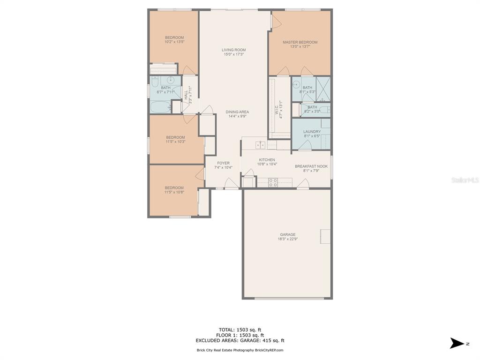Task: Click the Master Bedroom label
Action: coord(300,42)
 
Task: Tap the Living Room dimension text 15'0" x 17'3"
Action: coord(233,54)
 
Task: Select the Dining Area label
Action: coord(237,112)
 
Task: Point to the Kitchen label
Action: coord(267,160)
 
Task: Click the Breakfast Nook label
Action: coord(311,166)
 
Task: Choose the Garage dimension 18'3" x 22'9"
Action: coord(287,239)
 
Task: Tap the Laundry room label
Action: coord(312,132)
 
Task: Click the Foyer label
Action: coord(223,163)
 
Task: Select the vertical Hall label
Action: coord(186,96)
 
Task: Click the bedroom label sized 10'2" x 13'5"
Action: coord(174,37)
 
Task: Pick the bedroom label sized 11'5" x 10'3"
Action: coord(175,137)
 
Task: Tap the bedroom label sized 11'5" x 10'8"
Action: coord(174,188)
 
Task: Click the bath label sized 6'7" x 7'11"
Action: coord(165,87)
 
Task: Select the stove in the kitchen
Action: coord(273,182)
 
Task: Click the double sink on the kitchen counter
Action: coord(260,144)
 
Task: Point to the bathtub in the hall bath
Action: coord(160,106)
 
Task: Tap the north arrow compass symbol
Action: coord(457,343)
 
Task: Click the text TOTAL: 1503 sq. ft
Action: coord(240,330)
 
